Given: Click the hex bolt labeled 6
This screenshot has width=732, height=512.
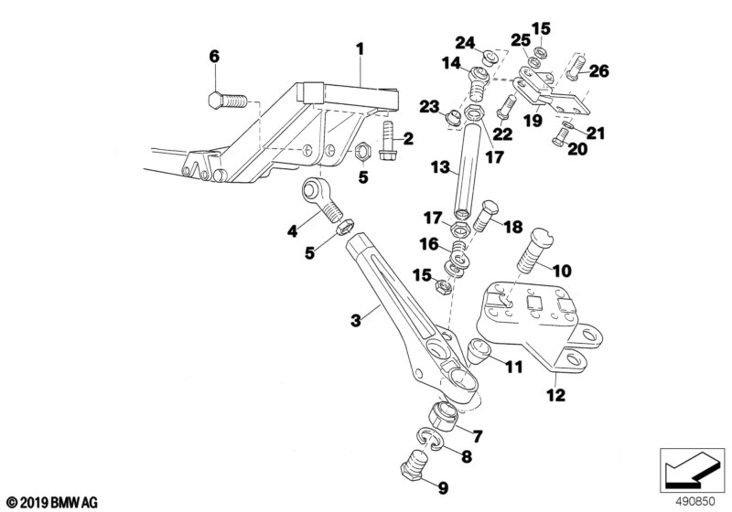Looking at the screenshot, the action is click(227, 101).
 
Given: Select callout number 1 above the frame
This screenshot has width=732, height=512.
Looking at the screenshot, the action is click(360, 49).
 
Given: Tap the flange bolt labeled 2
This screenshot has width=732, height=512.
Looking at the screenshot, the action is click(388, 140).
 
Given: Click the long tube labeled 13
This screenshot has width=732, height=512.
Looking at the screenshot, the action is click(468, 168).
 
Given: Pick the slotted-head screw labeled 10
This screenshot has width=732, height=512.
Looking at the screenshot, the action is click(534, 250).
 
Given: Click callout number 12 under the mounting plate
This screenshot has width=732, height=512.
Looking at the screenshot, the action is click(556, 395).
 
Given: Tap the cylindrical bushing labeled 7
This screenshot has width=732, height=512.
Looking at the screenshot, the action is click(443, 415).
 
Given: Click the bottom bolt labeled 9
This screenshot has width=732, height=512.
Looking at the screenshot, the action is click(414, 464).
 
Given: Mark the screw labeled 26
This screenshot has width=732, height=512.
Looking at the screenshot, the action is click(576, 67).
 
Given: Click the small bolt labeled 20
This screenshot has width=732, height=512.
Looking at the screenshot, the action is click(561, 136).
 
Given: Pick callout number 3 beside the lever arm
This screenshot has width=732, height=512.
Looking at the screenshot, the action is click(356, 321).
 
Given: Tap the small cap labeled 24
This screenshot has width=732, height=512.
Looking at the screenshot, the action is click(490, 58).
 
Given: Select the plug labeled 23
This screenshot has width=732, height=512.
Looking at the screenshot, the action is click(452, 118).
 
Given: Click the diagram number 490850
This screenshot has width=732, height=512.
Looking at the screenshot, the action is click(695, 502).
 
